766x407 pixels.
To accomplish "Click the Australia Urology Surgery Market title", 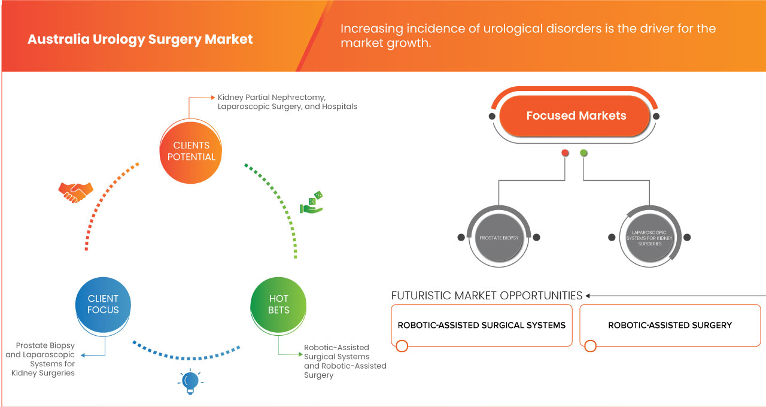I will coord(140,40).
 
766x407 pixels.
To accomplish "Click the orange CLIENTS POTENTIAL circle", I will coord(191,151).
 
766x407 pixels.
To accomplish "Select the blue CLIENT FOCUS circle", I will coord(103,304).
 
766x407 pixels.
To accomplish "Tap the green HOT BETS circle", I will coord(278,304).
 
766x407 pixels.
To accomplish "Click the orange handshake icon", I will coord(75,192).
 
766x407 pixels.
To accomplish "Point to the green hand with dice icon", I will coord(311,203).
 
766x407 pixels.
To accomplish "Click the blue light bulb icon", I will coord(190,381).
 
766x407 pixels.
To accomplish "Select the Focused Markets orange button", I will coord(576,116).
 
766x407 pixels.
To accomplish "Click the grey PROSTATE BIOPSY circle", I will coord(498,238).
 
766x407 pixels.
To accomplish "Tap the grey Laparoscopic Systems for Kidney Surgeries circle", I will coord(649,238).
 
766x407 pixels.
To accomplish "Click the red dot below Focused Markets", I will coord(564,153).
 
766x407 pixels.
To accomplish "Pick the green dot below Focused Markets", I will coord(583,153).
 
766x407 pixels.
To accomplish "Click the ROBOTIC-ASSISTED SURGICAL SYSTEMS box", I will coord(482,326).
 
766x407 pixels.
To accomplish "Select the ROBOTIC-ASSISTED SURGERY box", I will coord(670,326).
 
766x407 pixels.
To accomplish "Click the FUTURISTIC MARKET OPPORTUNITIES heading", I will coord(487,296).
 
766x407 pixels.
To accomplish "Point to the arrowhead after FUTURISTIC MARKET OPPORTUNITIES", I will coord(588,296).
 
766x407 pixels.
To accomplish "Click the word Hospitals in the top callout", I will coord(338,107).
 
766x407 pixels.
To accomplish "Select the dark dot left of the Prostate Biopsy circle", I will coord(461,238).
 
